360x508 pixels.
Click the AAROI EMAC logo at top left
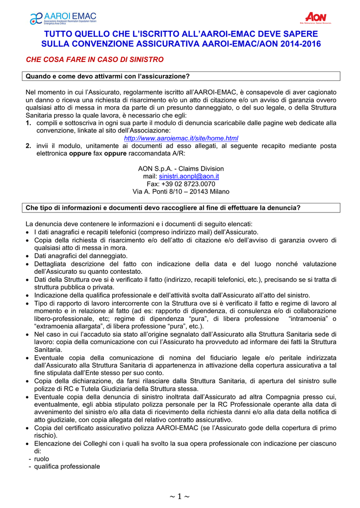[x=63, y=18]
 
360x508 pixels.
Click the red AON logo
[x=315, y=18]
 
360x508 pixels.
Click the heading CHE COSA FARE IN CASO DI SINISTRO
[x=94, y=60]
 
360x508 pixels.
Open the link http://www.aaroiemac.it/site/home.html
[x=181, y=137]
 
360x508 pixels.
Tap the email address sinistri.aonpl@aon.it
[x=189, y=176]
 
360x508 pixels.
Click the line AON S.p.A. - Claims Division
[x=181, y=169]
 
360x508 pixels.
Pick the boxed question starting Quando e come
[x=107, y=76]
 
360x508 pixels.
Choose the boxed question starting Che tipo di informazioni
[x=163, y=207]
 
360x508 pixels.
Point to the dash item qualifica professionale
[x=67, y=466]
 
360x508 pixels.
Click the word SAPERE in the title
[x=300, y=33]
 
